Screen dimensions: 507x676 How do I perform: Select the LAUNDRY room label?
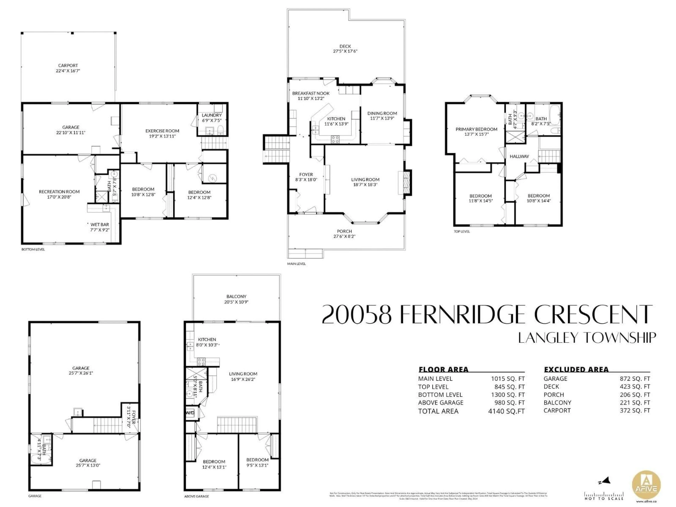point(211,115)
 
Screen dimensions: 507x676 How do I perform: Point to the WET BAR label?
point(100,225)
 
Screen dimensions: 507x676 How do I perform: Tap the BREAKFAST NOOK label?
point(311,93)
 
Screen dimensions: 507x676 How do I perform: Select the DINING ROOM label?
point(382,113)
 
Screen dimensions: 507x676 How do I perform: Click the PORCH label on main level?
point(344,231)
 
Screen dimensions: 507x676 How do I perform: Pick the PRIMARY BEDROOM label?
point(476,129)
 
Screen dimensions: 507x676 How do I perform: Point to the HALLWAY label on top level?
point(519,156)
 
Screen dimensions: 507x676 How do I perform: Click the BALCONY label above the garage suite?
point(236,296)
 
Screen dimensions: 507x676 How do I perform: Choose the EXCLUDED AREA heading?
point(576,370)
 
